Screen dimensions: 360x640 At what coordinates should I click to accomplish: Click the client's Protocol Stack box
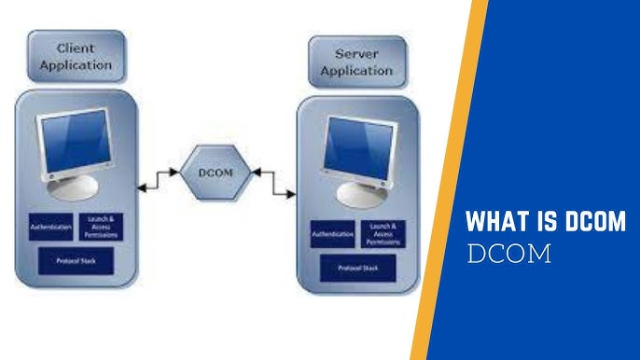tap(77, 260)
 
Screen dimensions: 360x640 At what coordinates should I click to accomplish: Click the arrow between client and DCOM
tap(160, 179)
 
